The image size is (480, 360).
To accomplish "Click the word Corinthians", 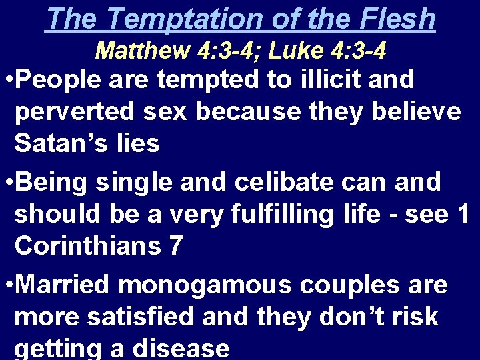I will pyautogui.click(x=87, y=246).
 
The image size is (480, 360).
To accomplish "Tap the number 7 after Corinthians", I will pyautogui.click(x=175, y=246).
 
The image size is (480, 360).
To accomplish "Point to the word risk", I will pyautogui.click(x=413, y=317).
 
